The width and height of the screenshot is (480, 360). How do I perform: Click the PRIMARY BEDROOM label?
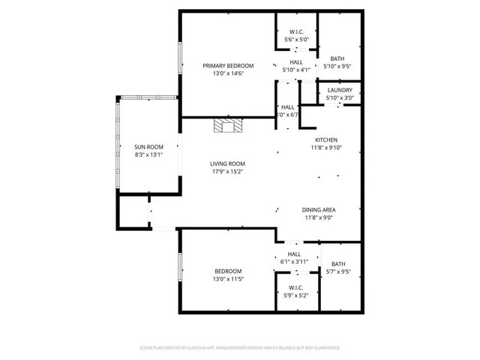tap(228, 65)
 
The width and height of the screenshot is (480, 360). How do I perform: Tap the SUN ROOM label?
tap(148, 147)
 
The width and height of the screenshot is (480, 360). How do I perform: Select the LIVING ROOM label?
tap(226, 163)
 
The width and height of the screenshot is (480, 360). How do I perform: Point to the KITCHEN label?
tap(325, 140)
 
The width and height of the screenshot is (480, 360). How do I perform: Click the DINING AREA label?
tap(319, 210)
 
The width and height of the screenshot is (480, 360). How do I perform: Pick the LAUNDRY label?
tap(340, 90)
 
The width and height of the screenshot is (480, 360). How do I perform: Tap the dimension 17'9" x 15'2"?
tap(226, 172)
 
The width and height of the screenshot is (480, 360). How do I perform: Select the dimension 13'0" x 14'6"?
tap(228, 73)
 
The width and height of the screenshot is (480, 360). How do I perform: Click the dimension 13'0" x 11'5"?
tap(228, 279)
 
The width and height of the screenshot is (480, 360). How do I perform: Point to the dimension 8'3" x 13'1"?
tap(148, 155)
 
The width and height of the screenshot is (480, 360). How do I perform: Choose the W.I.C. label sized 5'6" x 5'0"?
tap(296, 31)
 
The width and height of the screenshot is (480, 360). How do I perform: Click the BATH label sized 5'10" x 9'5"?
tap(337, 58)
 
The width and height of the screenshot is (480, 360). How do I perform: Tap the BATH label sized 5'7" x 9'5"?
tap(339, 264)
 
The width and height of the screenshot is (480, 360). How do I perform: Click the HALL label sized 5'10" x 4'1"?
tap(296, 62)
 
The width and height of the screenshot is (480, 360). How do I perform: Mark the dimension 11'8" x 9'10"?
tap(325, 148)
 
